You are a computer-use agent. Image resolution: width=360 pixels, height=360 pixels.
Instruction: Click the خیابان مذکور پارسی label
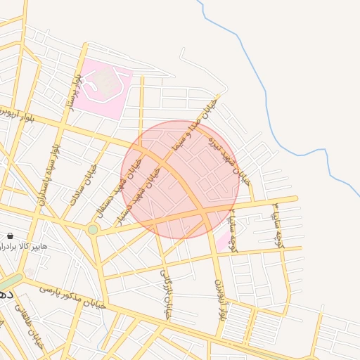click(70, 297)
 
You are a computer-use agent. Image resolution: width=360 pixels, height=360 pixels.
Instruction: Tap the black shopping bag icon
click(10, 236)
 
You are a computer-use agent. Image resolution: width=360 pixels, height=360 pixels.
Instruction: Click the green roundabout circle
click(93, 229)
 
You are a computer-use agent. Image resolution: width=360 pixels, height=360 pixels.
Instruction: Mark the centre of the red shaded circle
click(181, 179)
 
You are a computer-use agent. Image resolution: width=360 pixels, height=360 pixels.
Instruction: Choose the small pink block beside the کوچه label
click(223, 243)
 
